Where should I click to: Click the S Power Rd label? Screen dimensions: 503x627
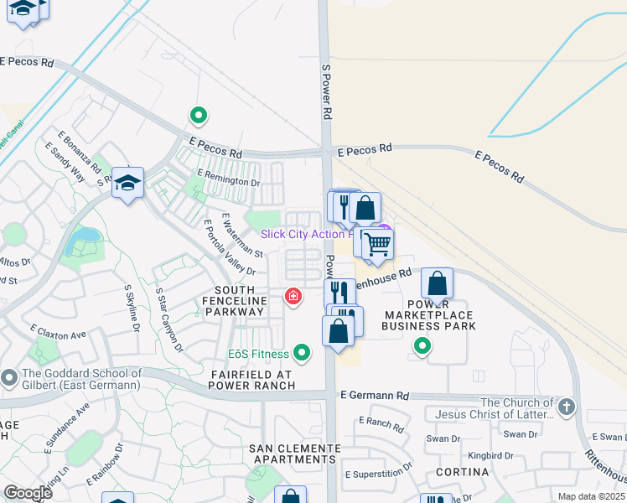[328, 90]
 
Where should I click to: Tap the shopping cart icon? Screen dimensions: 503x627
[378, 244]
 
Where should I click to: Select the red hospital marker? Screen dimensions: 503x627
[293, 297]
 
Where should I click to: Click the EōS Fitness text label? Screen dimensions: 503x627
[258, 354]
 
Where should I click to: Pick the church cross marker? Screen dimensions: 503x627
[567, 407]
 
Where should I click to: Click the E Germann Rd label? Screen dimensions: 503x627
[374, 395]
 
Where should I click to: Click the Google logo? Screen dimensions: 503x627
[28, 493]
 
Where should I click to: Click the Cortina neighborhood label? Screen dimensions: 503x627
[462, 472]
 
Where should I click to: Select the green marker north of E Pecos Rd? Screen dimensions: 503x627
[199, 115]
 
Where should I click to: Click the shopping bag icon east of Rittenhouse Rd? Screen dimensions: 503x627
[437, 283]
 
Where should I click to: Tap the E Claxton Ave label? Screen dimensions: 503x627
[58, 333]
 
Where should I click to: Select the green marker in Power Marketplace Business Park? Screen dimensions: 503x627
[422, 345]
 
